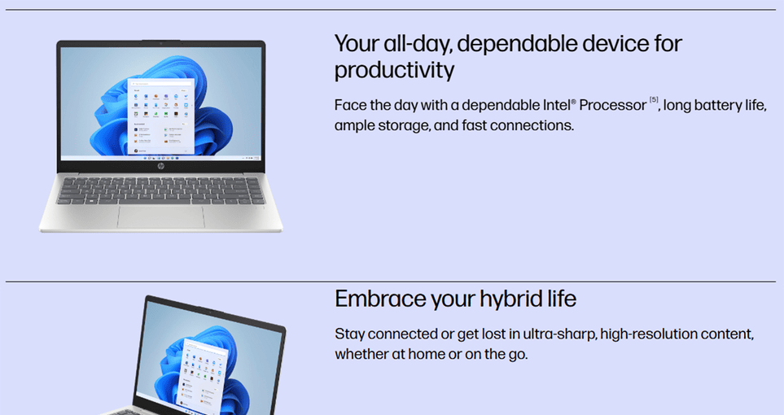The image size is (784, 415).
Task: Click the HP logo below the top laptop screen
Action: pyautogui.click(x=160, y=166)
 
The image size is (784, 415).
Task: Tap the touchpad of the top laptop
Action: pyautogui.click(x=161, y=217)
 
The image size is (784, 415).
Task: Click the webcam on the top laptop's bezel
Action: pyautogui.click(x=160, y=43)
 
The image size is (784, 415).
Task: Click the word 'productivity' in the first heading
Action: pyautogui.click(x=394, y=70)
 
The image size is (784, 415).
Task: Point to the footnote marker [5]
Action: pyautogui.click(x=654, y=99)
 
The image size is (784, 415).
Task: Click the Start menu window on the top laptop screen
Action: pyautogui.click(x=160, y=116)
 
